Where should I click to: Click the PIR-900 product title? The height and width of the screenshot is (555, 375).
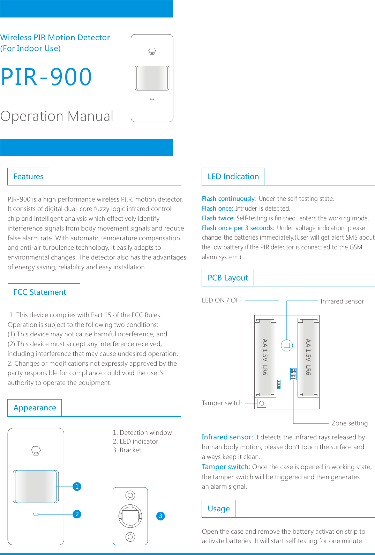coord(46,77)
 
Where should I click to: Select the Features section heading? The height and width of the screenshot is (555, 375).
coord(28,177)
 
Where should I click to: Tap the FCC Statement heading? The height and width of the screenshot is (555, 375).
coord(40,292)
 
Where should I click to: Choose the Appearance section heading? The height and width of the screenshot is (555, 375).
coord(35,408)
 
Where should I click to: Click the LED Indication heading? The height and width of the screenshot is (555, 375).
coord(233,177)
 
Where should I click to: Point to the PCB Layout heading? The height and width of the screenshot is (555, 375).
coord(228,278)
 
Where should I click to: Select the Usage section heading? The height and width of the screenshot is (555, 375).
coord(218,509)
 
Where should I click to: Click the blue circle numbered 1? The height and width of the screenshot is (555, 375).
coord(77,487)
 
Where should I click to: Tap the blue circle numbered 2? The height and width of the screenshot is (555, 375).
coord(77,514)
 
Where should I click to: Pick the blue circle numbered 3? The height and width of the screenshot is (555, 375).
coord(160,516)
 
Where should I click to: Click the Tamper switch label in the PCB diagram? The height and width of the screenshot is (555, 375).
coord(222,403)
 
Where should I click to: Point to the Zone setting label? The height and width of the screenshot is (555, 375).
coord(349,423)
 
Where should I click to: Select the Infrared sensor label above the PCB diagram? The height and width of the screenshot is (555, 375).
coord(342,301)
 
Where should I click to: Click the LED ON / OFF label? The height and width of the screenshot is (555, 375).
coord(222,300)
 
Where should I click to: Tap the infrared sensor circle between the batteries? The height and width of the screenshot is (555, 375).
coord(287,345)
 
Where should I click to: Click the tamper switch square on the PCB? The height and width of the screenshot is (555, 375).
coord(262,403)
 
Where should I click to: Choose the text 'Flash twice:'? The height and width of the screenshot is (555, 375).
coord(218,218)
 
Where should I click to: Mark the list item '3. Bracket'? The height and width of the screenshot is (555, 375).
coord(127,450)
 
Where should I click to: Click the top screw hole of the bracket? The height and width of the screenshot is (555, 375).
coord(130,495)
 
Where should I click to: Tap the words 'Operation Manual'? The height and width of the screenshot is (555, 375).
coord(57,116)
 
